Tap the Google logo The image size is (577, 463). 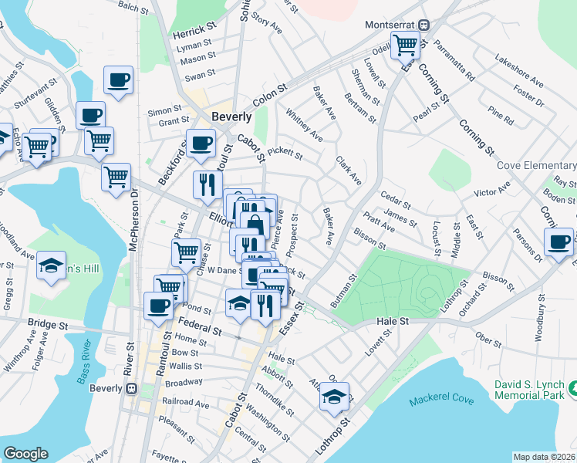pyautogui.click(x=25, y=454)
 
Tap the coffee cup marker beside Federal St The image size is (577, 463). pyautogui.click(x=159, y=305)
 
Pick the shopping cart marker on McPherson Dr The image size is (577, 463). pyautogui.click(x=116, y=176)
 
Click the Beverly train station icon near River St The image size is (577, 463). pyautogui.click(x=130, y=388)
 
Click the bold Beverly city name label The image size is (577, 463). pyautogui.click(x=231, y=117)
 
